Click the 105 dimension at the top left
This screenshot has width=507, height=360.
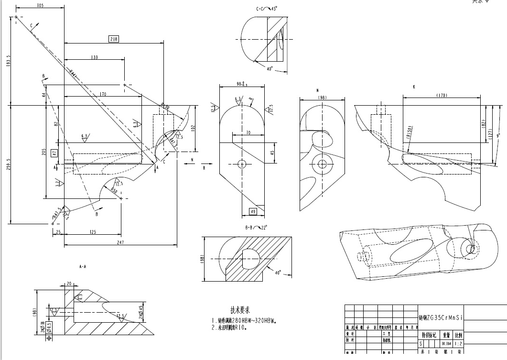tap(40, 5)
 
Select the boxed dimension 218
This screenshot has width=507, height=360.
tap(114, 39)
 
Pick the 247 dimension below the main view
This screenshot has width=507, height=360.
tap(118, 243)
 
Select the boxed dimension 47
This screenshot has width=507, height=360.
tap(54, 153)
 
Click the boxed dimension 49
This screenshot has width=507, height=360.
tap(253, 212)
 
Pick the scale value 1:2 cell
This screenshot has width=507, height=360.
tap(458, 343)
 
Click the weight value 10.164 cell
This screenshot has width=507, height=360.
tap(446, 343)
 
